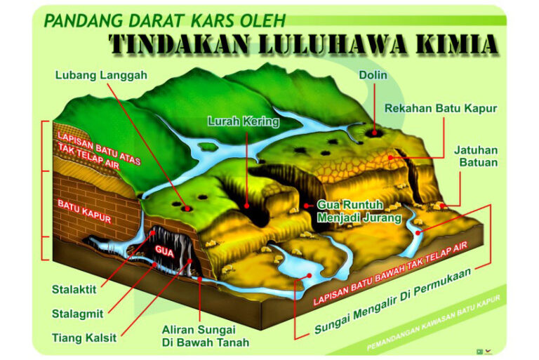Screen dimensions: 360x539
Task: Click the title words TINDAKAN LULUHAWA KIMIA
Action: [x=303, y=44]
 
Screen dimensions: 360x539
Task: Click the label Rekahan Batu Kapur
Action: [x=441, y=108]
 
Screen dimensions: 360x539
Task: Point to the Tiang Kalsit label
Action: [x=84, y=338]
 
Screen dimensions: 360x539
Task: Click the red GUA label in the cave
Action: [x=163, y=250]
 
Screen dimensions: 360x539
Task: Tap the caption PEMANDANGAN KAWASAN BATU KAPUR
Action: [x=434, y=324]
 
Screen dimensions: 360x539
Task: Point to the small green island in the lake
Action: [x=208, y=147]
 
